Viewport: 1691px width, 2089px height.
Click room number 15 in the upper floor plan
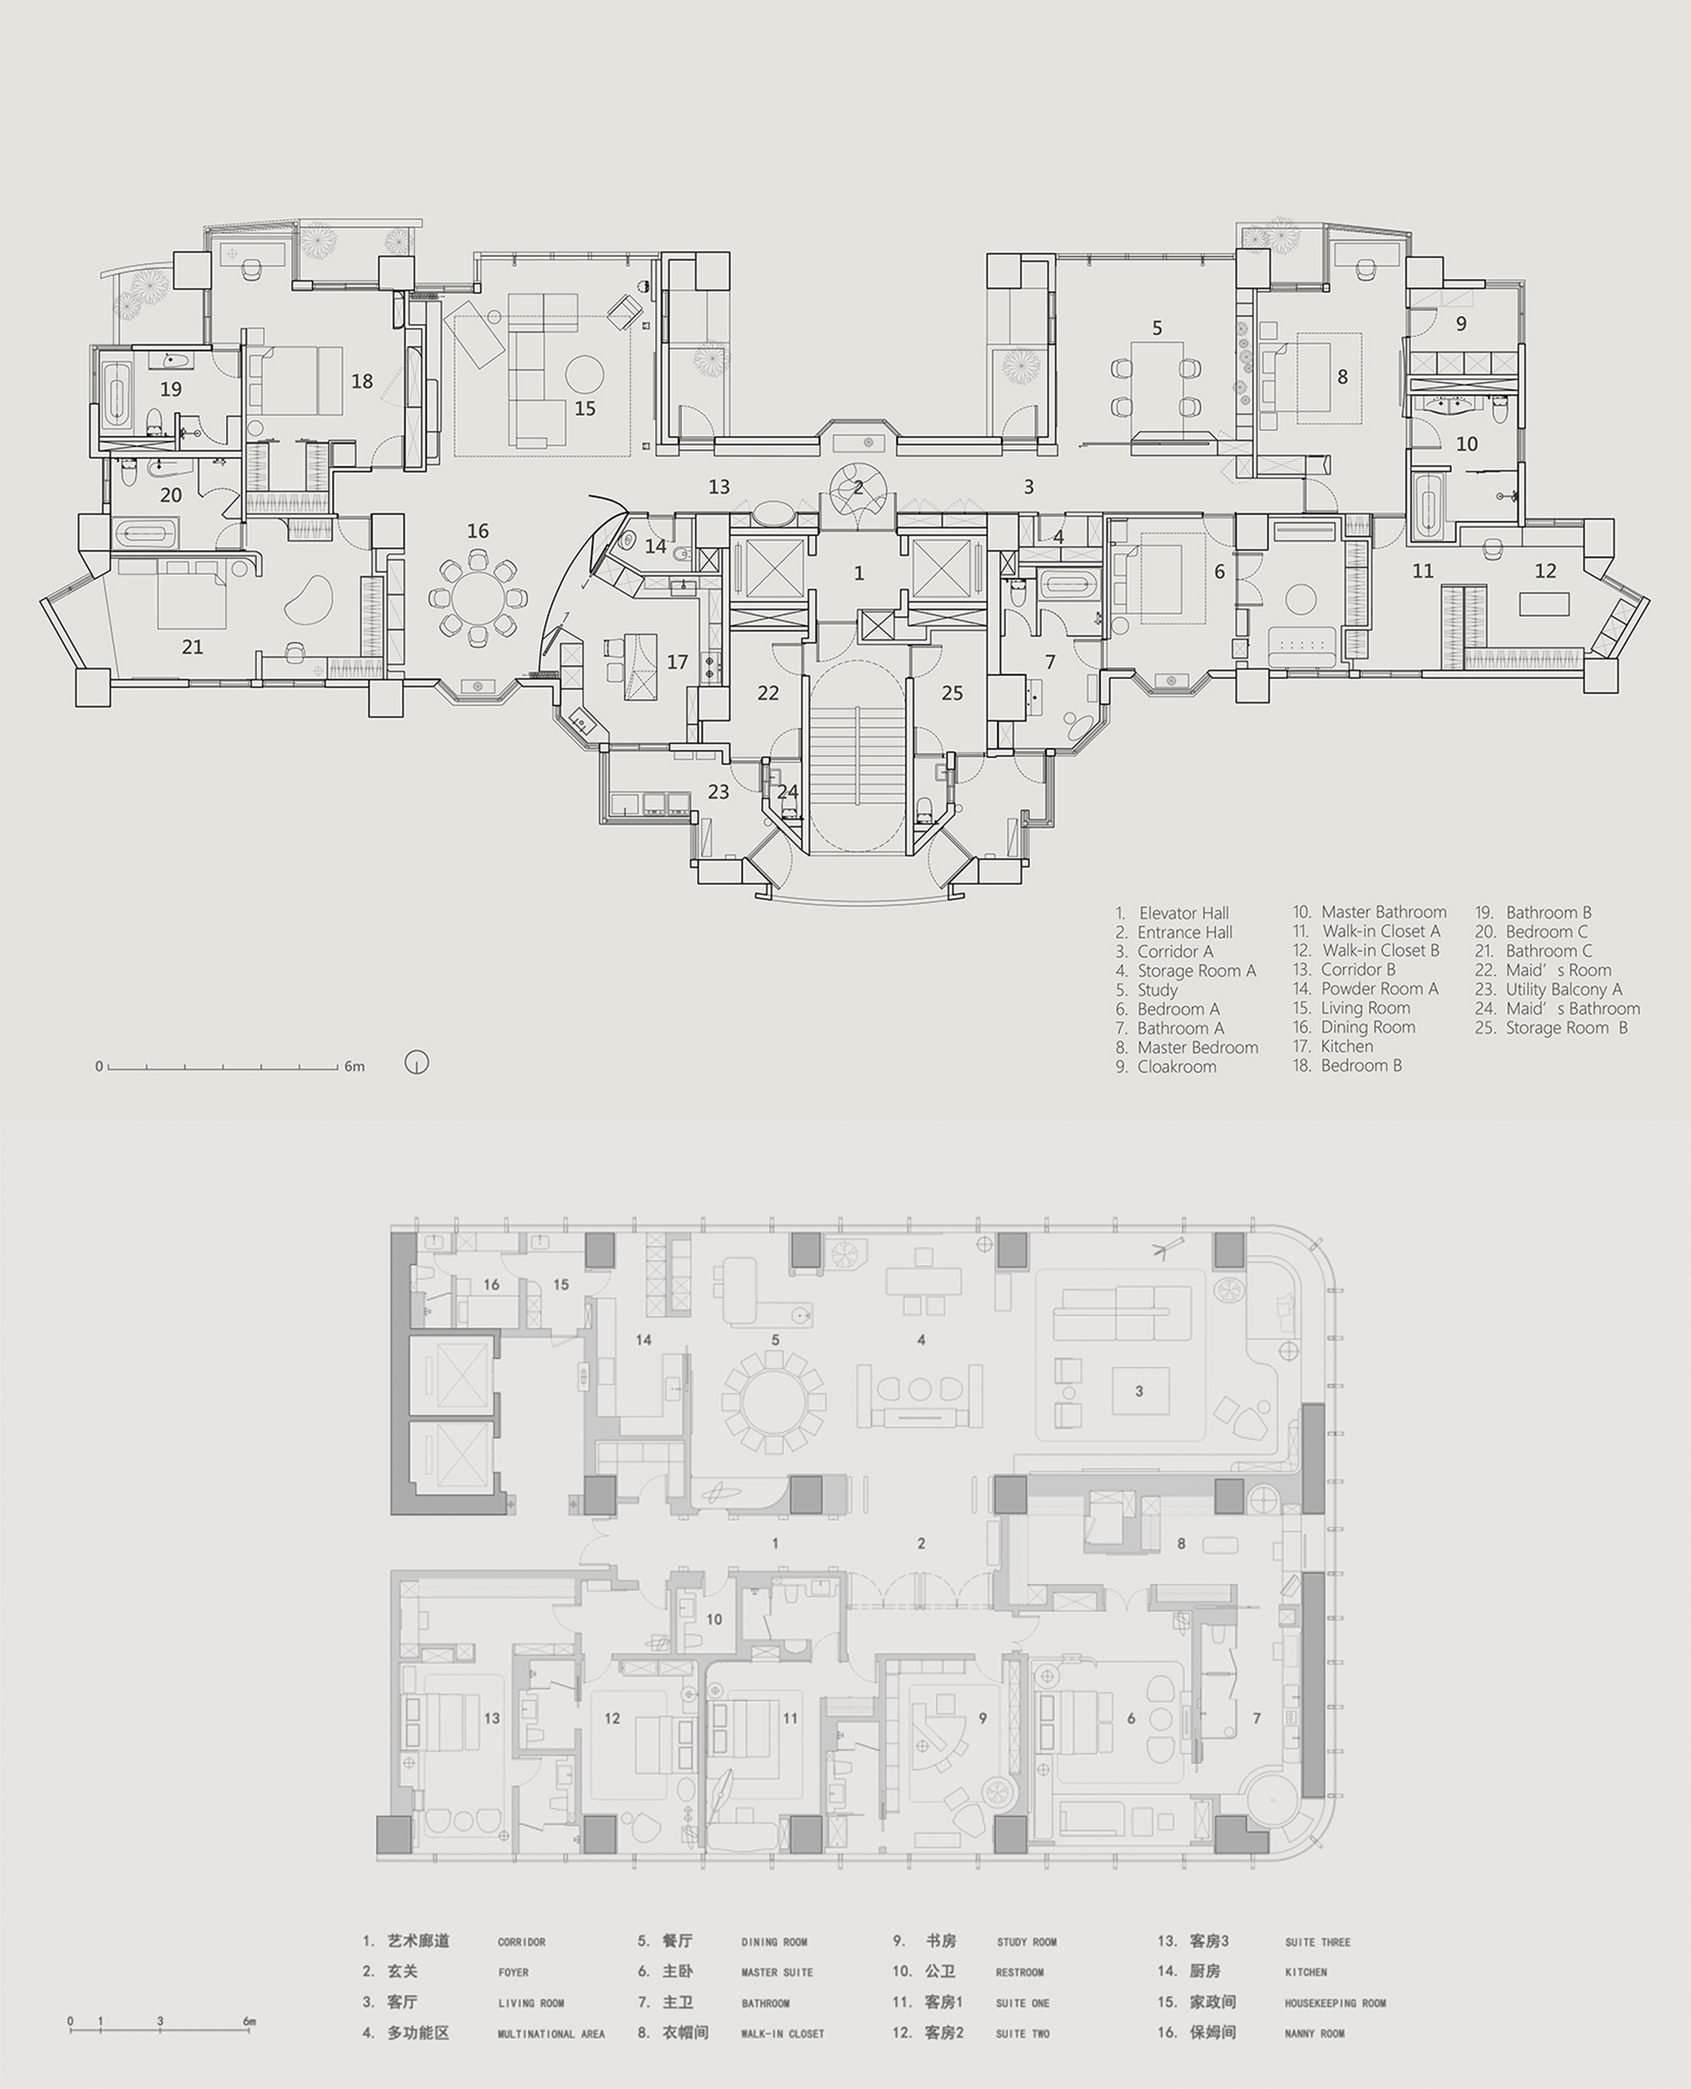pos(584,409)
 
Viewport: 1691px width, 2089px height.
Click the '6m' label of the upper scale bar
pos(354,1066)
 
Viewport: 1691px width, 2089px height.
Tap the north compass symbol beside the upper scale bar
pos(417,1063)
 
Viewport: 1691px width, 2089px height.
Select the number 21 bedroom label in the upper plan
pos(192,647)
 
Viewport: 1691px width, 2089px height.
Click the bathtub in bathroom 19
pos(117,396)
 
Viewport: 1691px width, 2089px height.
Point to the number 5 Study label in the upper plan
pos(1157,328)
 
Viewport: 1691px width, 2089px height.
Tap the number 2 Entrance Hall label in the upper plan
pos(858,488)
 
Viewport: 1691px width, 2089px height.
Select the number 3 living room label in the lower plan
pos(1139,1391)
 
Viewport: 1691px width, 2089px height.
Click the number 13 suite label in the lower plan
pos(492,1718)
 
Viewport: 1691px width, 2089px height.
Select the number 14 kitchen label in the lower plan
pos(644,1340)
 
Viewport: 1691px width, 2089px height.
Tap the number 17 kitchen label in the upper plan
pos(677,662)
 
